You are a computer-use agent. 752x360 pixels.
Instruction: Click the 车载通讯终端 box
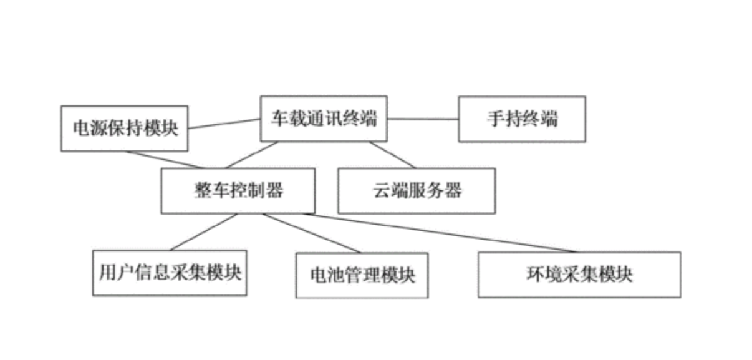pyautogui.click(x=324, y=119)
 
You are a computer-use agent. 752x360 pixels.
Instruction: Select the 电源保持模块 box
pyautogui.click(x=124, y=129)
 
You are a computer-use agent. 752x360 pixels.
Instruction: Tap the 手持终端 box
pyautogui.click(x=522, y=119)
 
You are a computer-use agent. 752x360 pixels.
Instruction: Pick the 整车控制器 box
pyautogui.click(x=238, y=190)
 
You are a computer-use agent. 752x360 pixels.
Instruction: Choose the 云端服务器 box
pyautogui.click(x=417, y=190)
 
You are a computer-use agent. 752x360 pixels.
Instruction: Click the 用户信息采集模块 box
pyautogui.click(x=170, y=273)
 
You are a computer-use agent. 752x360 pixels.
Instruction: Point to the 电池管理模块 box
pyautogui.click(x=362, y=275)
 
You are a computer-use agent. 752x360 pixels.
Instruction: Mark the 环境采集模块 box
pyautogui.click(x=579, y=275)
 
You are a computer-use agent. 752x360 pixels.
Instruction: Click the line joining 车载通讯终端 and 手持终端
pyautogui.click(x=423, y=119)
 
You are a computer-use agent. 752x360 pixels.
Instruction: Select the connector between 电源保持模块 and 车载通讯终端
pyautogui.click(x=224, y=124)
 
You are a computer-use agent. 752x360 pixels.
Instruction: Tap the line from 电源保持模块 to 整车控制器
pyautogui.click(x=165, y=160)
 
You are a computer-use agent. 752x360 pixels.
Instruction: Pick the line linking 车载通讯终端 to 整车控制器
pyautogui.click(x=252, y=155)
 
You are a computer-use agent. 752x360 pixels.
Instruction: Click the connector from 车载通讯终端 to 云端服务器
pyautogui.click(x=392, y=155)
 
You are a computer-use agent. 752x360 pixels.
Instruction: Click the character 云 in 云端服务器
pyautogui.click(x=381, y=190)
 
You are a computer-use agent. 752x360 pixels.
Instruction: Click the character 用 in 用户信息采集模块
pyautogui.click(x=107, y=273)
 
